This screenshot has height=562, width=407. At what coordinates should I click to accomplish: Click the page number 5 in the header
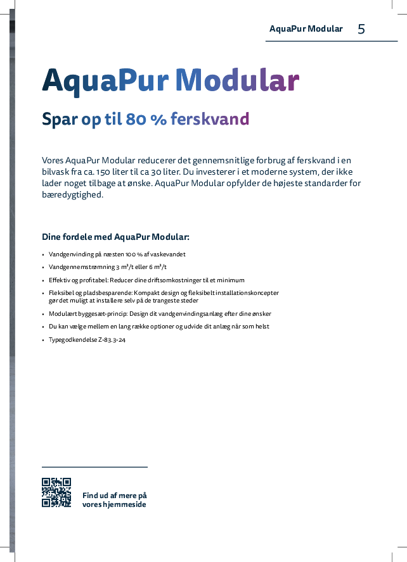click(x=361, y=29)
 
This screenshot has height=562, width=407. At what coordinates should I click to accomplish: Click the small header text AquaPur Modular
click(x=306, y=29)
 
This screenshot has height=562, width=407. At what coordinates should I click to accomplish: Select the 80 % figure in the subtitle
click(x=145, y=119)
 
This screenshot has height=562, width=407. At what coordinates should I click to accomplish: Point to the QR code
click(x=56, y=492)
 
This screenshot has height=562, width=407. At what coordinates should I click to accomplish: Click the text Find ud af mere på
click(x=114, y=496)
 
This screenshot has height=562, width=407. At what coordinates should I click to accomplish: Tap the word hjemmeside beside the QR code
click(x=124, y=504)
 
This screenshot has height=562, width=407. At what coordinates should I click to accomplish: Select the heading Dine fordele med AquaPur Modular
click(x=115, y=237)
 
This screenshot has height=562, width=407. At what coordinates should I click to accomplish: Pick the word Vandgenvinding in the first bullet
click(x=71, y=254)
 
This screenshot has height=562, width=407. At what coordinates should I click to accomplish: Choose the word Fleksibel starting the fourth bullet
click(x=63, y=293)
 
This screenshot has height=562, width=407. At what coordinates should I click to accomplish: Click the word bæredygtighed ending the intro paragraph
click(x=71, y=194)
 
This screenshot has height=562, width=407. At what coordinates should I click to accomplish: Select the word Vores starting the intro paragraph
click(x=53, y=160)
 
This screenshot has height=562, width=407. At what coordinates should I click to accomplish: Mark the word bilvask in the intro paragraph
click(x=56, y=172)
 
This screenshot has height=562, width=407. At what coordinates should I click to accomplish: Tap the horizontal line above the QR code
click(x=94, y=467)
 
